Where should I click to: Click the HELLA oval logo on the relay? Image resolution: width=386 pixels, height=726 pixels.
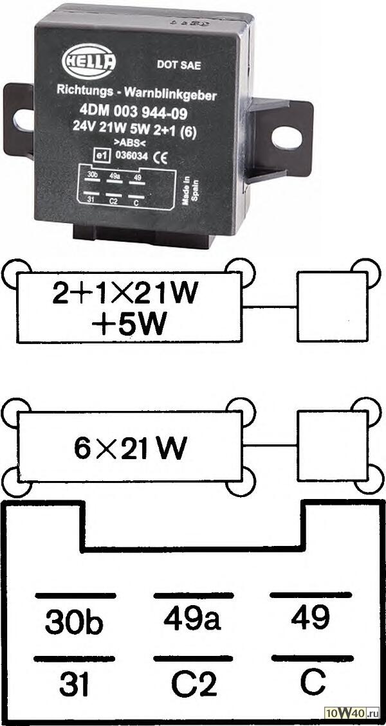point(89,62)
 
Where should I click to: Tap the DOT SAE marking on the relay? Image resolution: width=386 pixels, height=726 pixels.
point(174,64)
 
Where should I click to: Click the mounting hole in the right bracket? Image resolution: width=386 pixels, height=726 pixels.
point(281,136)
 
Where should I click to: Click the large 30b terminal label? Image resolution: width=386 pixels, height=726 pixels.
point(74,622)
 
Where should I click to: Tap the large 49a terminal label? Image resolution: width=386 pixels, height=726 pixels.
point(192,618)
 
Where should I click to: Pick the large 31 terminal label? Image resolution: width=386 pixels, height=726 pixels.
point(74,685)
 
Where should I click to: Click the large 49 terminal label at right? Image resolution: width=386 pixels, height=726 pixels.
point(310,618)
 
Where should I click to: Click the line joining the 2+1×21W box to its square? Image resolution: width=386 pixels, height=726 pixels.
point(271,305)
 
